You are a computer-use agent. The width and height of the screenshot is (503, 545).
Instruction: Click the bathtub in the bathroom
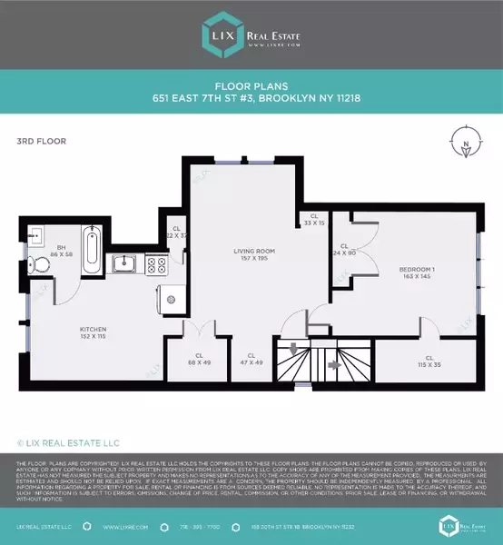93,251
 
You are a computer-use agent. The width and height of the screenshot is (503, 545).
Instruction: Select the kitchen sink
126,264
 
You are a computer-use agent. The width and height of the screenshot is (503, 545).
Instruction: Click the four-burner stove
156,265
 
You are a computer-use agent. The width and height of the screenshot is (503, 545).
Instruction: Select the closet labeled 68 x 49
199,360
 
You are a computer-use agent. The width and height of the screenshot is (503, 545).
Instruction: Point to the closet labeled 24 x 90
345,250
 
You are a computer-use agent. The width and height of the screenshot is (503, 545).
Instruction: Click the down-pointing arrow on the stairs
293,350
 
